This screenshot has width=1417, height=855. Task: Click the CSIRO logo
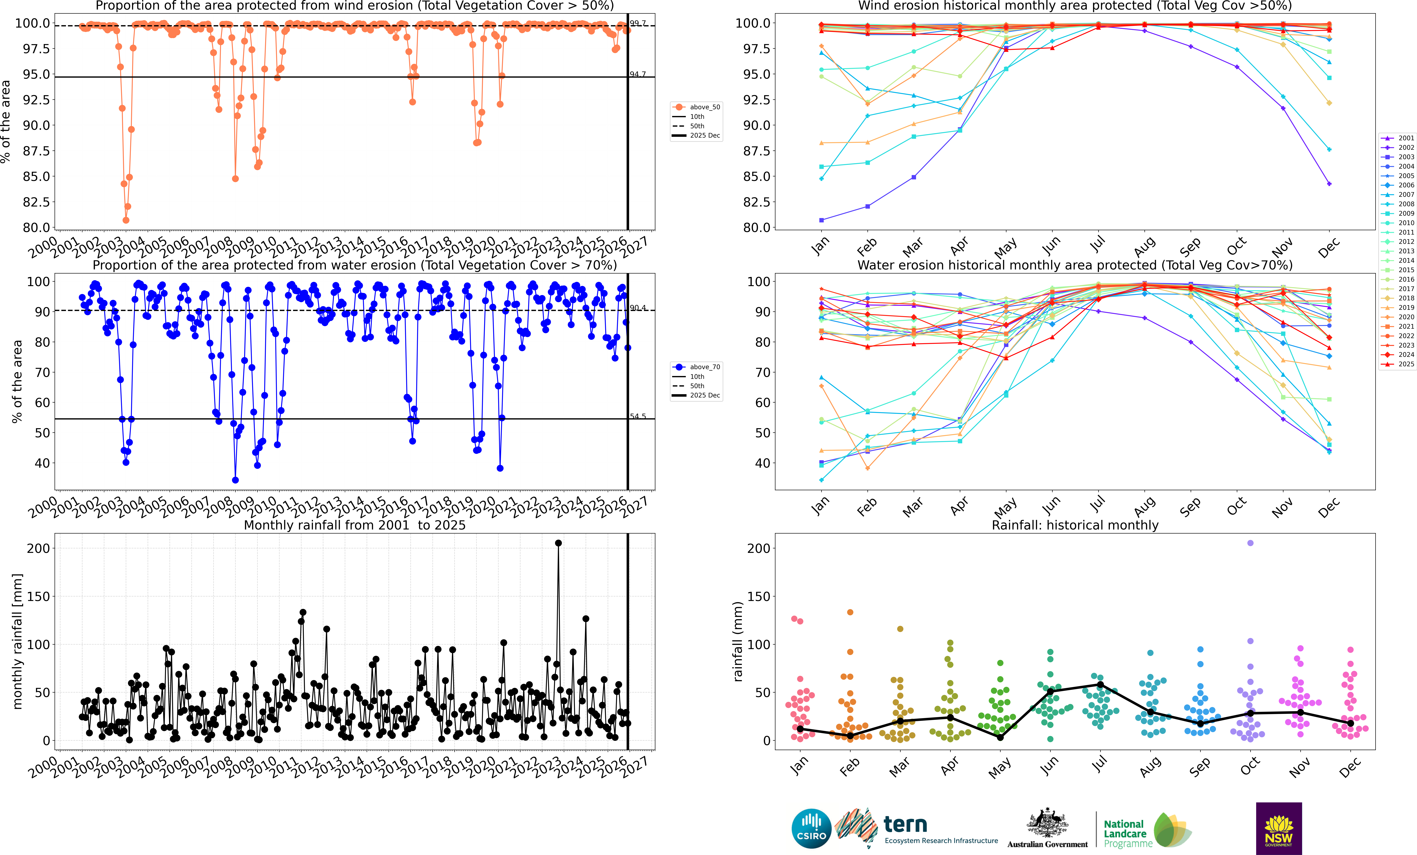click(x=811, y=829)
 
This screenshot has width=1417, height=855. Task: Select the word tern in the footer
click(x=905, y=825)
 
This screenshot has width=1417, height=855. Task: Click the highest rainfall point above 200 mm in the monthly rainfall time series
click(x=558, y=543)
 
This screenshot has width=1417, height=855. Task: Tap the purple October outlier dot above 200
click(x=1250, y=543)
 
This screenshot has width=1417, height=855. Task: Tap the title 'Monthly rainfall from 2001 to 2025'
click(x=355, y=525)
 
